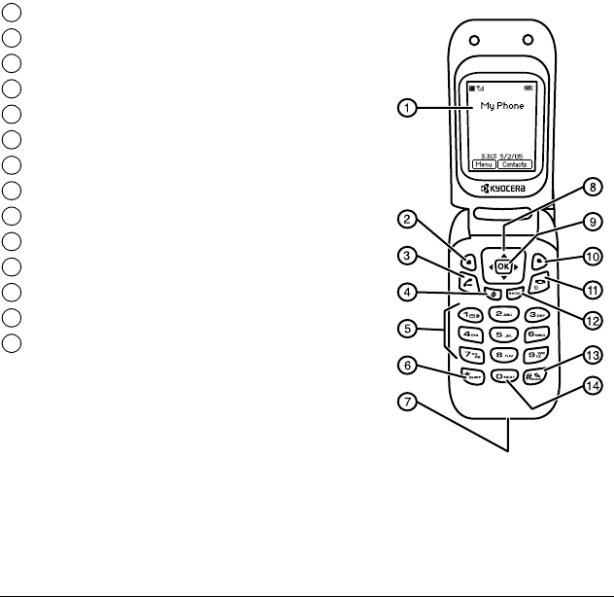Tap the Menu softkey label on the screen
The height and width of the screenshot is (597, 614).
[x=485, y=165]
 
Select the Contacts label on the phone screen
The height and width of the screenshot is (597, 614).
[x=520, y=165]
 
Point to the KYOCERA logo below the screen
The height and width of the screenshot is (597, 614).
[x=502, y=188]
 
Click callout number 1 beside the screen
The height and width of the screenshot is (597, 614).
[x=410, y=111]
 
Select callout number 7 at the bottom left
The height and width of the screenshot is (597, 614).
[x=410, y=401]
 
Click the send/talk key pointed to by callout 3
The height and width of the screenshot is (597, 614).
[x=468, y=283]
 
